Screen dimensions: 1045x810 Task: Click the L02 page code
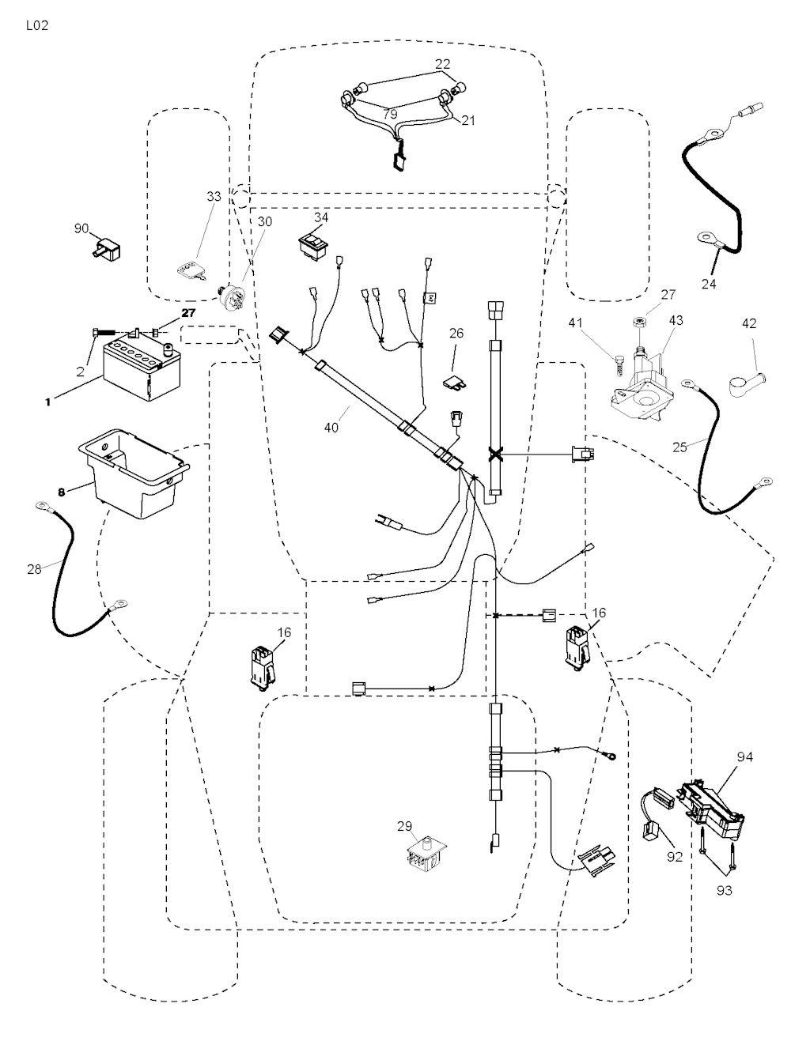point(37,25)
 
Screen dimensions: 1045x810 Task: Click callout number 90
point(81,228)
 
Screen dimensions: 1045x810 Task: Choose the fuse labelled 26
point(455,383)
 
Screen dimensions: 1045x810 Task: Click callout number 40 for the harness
point(331,427)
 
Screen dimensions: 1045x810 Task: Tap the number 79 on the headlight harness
point(390,115)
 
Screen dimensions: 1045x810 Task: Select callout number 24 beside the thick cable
point(709,284)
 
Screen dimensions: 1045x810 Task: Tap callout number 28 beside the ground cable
point(34,568)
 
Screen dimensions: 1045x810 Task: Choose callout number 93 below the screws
point(725,890)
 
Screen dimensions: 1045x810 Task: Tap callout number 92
point(674,856)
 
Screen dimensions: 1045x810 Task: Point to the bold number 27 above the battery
point(187,313)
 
